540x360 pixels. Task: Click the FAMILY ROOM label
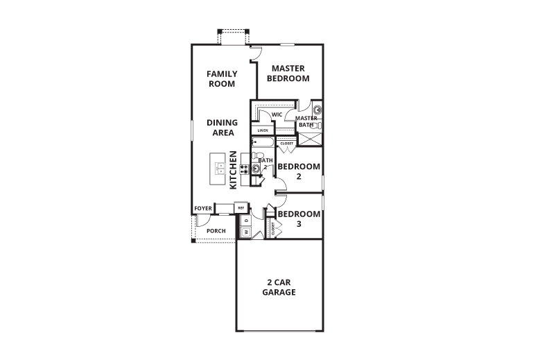click(x=222, y=78)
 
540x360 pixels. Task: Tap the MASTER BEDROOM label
click(x=290, y=74)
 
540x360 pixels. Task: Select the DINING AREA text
click(x=222, y=128)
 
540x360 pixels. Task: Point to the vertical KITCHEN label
click(x=234, y=171)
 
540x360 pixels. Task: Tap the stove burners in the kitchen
click(x=244, y=167)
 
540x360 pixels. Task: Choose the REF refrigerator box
click(x=241, y=207)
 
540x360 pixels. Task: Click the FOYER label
click(x=202, y=208)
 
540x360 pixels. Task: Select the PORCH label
click(x=216, y=230)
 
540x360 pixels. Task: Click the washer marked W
click(x=245, y=231)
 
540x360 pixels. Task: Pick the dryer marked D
click(x=245, y=221)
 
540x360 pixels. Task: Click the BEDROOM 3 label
click(x=299, y=219)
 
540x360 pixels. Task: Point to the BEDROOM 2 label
click(x=299, y=171)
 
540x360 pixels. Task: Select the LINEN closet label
click(x=263, y=130)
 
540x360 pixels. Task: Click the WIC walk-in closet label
click(x=277, y=114)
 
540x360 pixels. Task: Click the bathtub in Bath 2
click(x=263, y=144)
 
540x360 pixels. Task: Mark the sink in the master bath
click(x=317, y=110)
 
